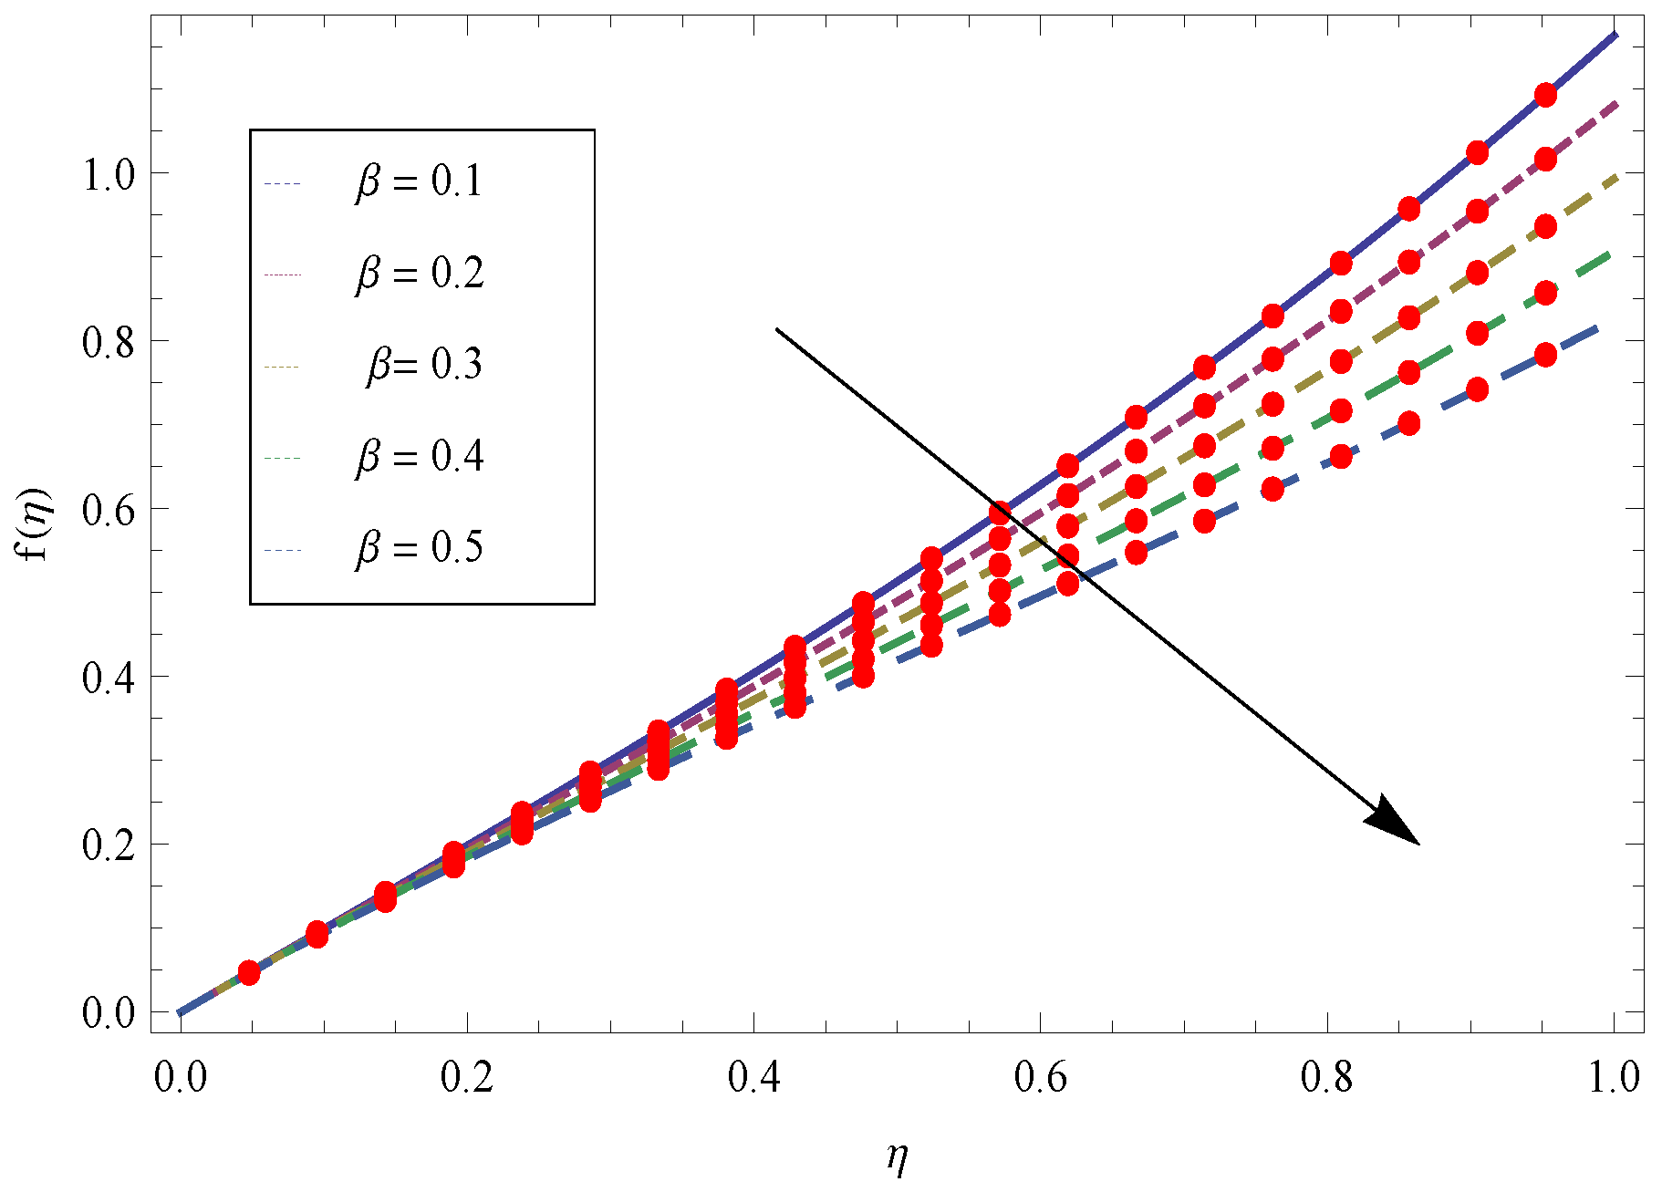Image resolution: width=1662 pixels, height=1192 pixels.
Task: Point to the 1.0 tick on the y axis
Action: (x=109, y=173)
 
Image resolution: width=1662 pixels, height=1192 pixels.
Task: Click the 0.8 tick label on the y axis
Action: (x=109, y=342)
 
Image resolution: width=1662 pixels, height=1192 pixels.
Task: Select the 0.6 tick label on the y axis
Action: (x=109, y=510)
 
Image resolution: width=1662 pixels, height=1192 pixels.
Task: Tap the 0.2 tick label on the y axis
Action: (x=109, y=845)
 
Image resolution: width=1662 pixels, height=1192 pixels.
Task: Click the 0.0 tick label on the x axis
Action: (x=180, y=1077)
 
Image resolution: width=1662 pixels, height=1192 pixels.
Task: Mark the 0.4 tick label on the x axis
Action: (x=753, y=1077)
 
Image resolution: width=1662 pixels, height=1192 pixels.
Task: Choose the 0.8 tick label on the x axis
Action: (x=1327, y=1077)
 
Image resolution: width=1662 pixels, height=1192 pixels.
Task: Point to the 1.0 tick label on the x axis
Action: (x=1614, y=1077)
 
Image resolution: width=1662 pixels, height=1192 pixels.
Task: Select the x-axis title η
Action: (x=898, y=1157)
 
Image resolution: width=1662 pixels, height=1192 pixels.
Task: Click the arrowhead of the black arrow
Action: (x=1396, y=824)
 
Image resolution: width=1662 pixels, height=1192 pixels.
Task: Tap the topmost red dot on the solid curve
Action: (x=1545, y=95)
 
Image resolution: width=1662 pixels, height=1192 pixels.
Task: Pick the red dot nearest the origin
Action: (x=249, y=973)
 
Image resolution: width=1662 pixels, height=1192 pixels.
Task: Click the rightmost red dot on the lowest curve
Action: (x=1545, y=355)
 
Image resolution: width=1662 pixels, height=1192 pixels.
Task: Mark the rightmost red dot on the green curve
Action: (x=1545, y=293)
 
